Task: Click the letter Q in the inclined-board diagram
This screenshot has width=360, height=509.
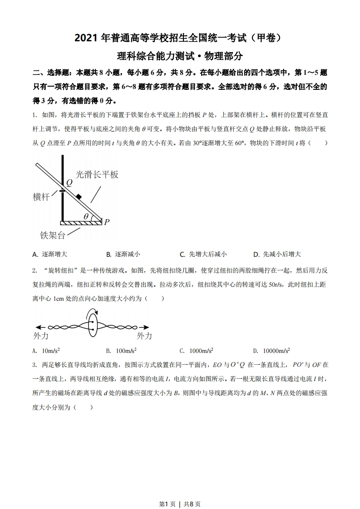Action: coord(69,183)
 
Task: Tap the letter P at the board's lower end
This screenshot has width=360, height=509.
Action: coord(107,222)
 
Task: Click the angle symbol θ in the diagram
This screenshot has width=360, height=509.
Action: coord(86,216)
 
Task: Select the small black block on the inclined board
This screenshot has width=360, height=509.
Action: coord(79,197)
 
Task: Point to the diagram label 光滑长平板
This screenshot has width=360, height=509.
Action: coord(97,174)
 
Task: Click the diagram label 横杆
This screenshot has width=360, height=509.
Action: coord(41,196)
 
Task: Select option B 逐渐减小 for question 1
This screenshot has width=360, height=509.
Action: coord(123,254)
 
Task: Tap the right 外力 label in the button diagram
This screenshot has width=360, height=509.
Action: coord(144,336)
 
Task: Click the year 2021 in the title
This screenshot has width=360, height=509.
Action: coord(88,39)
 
